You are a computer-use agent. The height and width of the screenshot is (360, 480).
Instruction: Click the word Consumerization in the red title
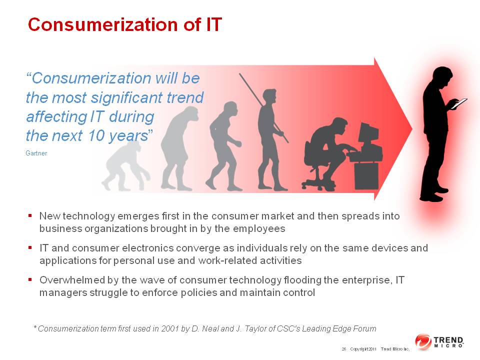click(103, 24)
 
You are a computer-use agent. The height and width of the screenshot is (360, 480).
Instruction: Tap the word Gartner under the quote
click(36, 153)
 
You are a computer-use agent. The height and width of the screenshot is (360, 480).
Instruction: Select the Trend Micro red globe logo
click(423, 341)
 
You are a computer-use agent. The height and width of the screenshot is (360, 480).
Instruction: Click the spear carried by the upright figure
click(263, 108)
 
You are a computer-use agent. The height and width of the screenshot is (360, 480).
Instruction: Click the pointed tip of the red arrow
click(412, 129)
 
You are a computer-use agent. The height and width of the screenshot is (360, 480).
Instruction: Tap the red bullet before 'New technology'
click(30, 215)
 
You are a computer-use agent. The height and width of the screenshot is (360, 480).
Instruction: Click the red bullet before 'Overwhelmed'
click(30, 279)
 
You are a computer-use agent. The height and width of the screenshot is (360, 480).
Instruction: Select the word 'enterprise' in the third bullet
click(366, 280)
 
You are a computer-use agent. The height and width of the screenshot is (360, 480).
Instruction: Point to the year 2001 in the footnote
click(170, 329)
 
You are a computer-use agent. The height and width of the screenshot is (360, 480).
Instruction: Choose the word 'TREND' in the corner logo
click(448, 340)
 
